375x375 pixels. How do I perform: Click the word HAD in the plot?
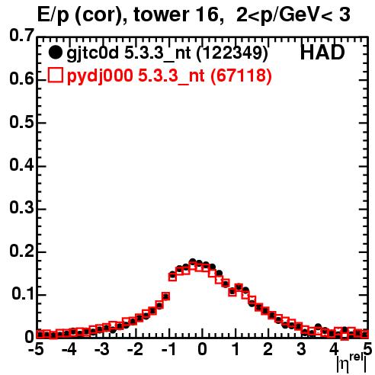[x=322, y=53]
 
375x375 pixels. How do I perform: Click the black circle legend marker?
[x=55, y=53]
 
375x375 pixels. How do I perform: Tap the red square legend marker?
[x=55, y=75]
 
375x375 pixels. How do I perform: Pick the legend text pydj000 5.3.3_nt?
[x=136, y=76]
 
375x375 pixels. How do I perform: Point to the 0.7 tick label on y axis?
[x=21, y=35]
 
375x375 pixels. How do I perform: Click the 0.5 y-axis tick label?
[x=21, y=123]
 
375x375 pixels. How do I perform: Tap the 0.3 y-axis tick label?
[x=21, y=208]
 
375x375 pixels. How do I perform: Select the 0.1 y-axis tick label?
[x=23, y=294]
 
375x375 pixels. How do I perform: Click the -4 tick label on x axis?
[x=69, y=349]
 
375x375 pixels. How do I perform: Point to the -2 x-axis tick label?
[x=135, y=349]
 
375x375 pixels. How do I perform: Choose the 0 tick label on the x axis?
[x=202, y=349]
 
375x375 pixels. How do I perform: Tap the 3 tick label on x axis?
[x=301, y=349]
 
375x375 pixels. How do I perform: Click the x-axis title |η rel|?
[x=351, y=363]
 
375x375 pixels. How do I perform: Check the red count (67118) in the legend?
[x=241, y=75]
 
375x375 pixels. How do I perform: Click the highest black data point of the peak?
[x=193, y=261]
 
